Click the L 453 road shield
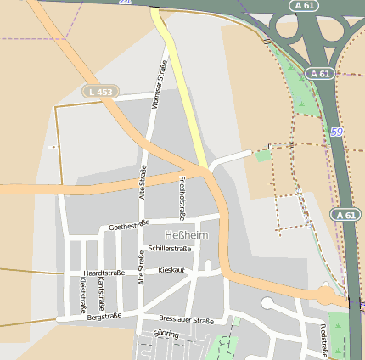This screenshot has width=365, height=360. [x=101, y=90]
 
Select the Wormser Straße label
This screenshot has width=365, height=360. [x=157, y=87]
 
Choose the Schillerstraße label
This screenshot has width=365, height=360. [x=169, y=248]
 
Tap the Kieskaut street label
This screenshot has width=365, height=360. [x=171, y=269]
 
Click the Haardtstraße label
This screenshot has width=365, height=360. [x=104, y=273]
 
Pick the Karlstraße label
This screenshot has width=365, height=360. [x=101, y=292]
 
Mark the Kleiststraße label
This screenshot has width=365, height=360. [x=82, y=293]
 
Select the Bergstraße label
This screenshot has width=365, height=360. [x=104, y=315]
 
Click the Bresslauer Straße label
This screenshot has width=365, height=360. [x=186, y=320]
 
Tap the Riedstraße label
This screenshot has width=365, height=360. [x=323, y=340]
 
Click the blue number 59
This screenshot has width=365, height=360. [x=337, y=132]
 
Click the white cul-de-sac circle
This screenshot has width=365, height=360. [x=267, y=303]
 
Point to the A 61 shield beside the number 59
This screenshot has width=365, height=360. [x=320, y=74]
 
